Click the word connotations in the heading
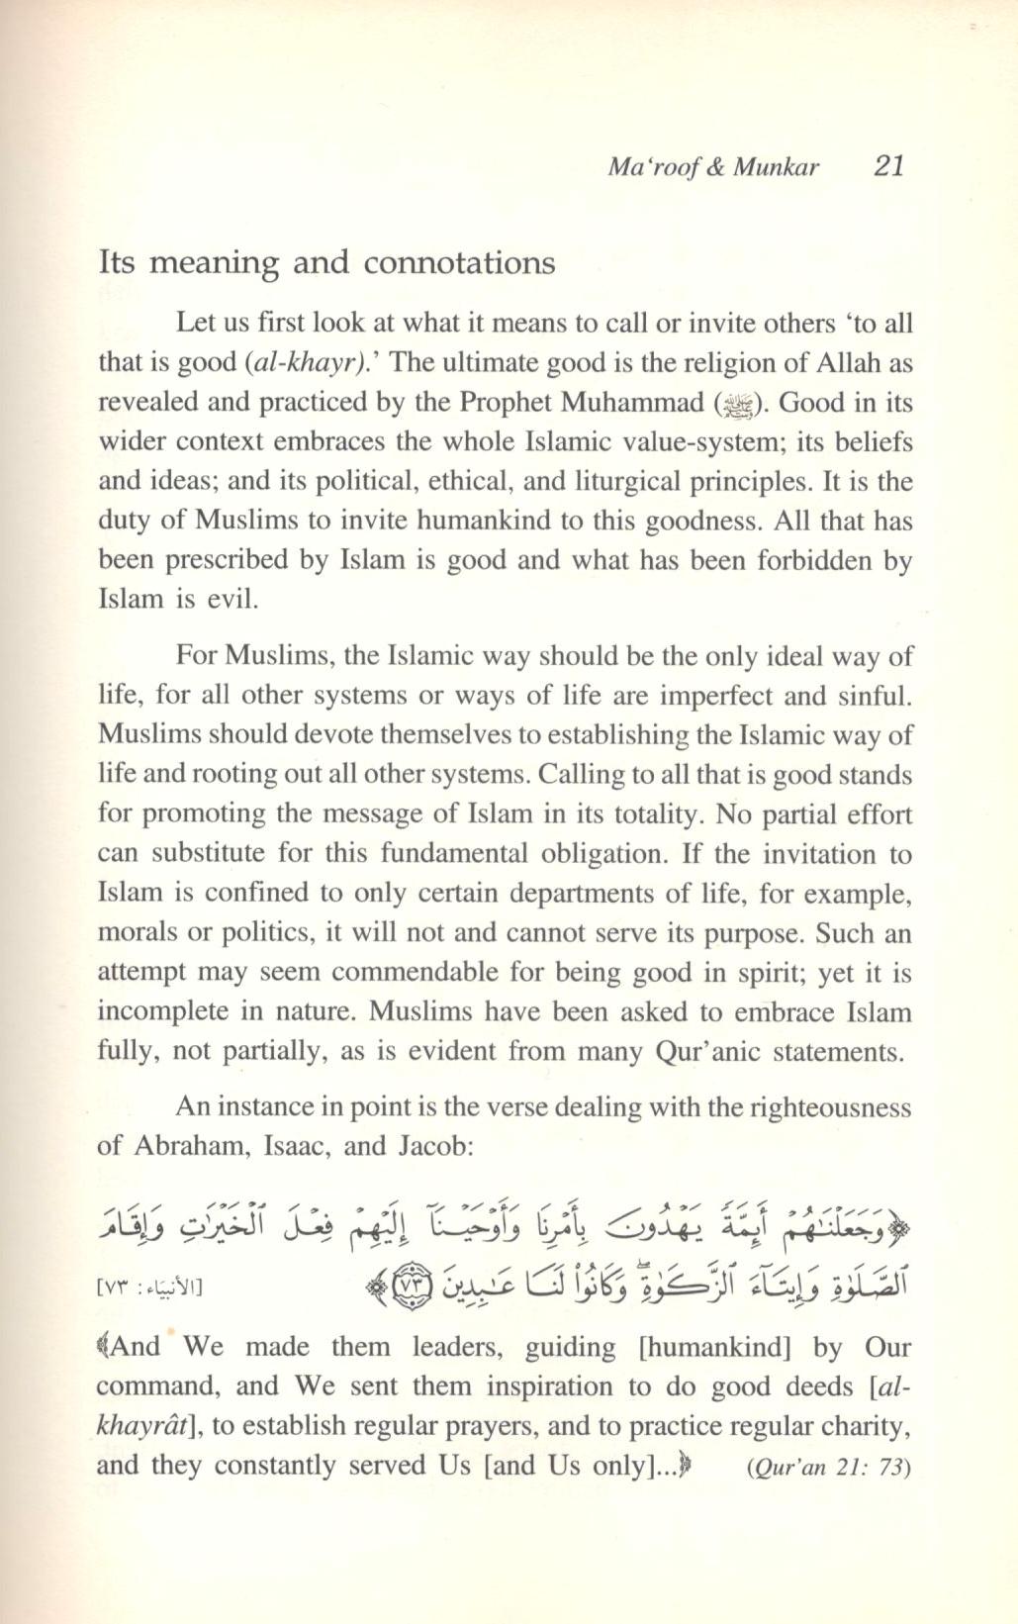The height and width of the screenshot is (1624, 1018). (459, 263)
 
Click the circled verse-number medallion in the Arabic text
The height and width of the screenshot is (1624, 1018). (406, 1287)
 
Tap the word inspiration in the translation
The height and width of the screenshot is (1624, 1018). (466, 1386)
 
